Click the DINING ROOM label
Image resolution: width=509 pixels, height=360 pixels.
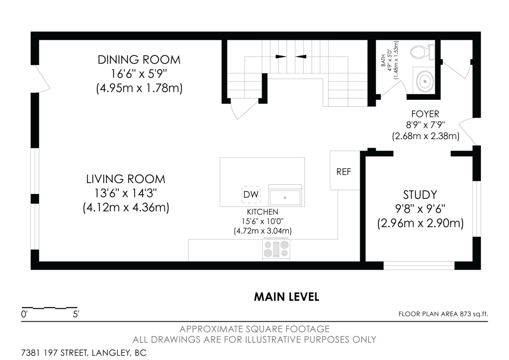click(x=139, y=60)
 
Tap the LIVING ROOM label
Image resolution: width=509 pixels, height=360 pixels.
click(x=126, y=179)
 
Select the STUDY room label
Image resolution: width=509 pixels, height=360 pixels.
click(x=420, y=195)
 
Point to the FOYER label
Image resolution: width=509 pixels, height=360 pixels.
click(x=425, y=114)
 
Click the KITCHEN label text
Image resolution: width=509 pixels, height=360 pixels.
click(x=263, y=212)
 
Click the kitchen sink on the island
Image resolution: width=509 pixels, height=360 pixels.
click(x=285, y=197)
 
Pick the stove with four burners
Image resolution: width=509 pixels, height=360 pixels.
click(x=277, y=249)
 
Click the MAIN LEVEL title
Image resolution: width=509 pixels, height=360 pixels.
click(x=286, y=297)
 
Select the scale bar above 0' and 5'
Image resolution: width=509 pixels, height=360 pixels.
click(x=49, y=307)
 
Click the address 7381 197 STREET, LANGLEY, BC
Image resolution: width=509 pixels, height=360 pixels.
click(x=84, y=353)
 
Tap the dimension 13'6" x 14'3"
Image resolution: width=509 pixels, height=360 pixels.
click(x=126, y=193)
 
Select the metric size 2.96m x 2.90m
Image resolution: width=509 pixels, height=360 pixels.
click(x=420, y=223)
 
